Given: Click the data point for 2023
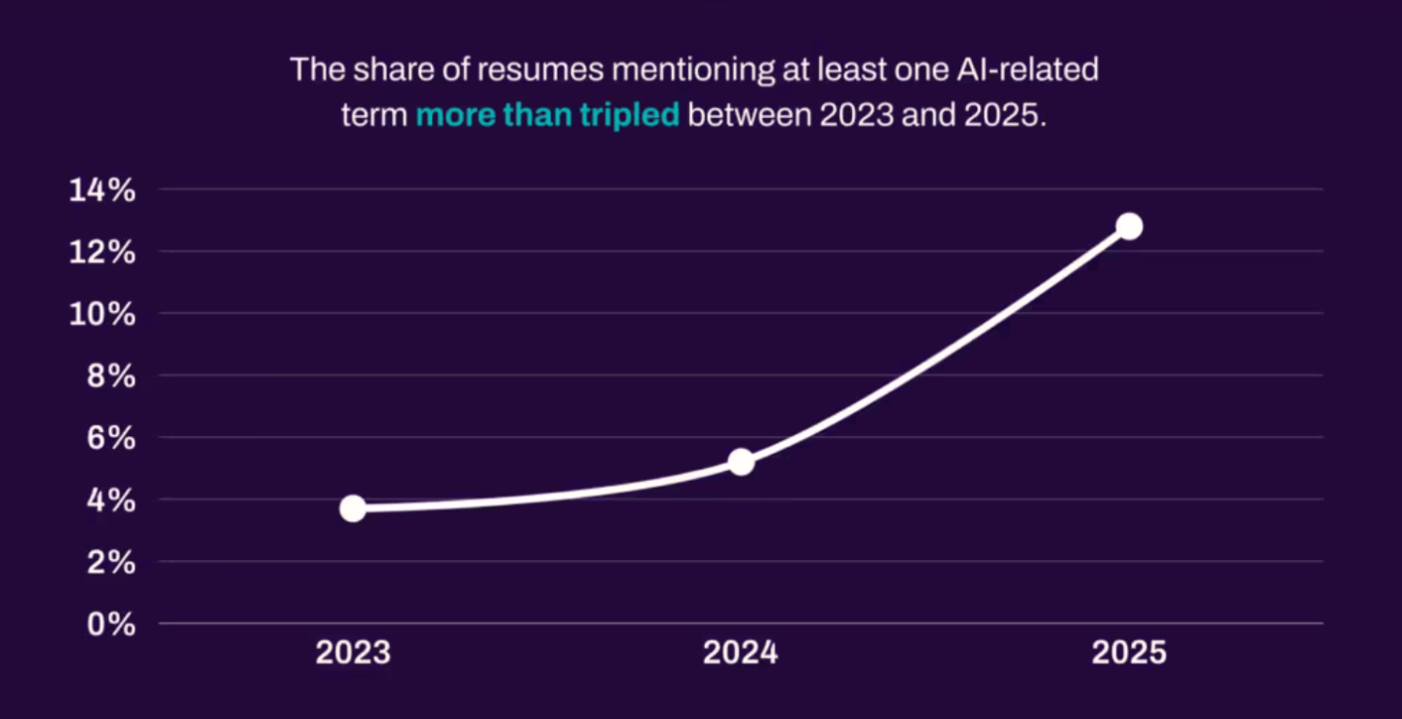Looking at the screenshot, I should (x=353, y=508).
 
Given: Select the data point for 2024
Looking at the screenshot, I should (x=741, y=461).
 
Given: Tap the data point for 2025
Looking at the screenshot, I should (x=1129, y=226).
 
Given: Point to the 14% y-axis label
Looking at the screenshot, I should (x=101, y=190).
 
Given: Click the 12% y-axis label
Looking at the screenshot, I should (x=101, y=252).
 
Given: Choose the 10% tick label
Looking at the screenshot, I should (x=101, y=314).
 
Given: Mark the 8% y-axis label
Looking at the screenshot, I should (x=110, y=376).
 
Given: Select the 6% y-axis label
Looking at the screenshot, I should (x=110, y=438).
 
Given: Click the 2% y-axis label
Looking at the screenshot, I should (x=110, y=562).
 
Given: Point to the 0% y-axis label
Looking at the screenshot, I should (x=110, y=624).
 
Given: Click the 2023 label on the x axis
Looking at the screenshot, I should (x=353, y=653).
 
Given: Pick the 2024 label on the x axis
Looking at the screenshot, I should (x=741, y=653).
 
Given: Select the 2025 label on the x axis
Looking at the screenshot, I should (x=1129, y=653).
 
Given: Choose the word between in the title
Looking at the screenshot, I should (x=749, y=115).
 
